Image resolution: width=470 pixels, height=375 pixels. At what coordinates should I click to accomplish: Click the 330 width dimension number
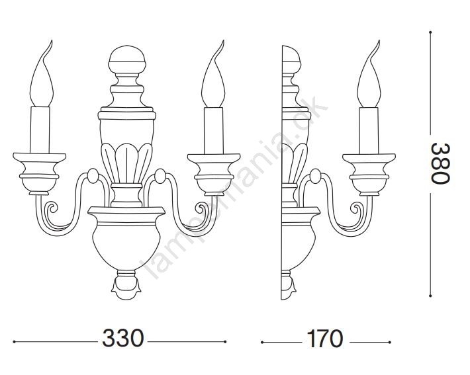coord(123,338)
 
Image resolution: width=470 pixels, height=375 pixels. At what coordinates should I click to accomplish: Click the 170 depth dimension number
coord(325,339)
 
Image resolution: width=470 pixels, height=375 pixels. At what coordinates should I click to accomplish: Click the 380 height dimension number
coord(441,163)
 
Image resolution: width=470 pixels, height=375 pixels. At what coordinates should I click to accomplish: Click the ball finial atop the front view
coord(127,60)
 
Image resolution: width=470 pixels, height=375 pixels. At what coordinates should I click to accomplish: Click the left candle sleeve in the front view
coord(40,130)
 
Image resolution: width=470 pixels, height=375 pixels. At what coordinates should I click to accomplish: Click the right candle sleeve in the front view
coord(213,130)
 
